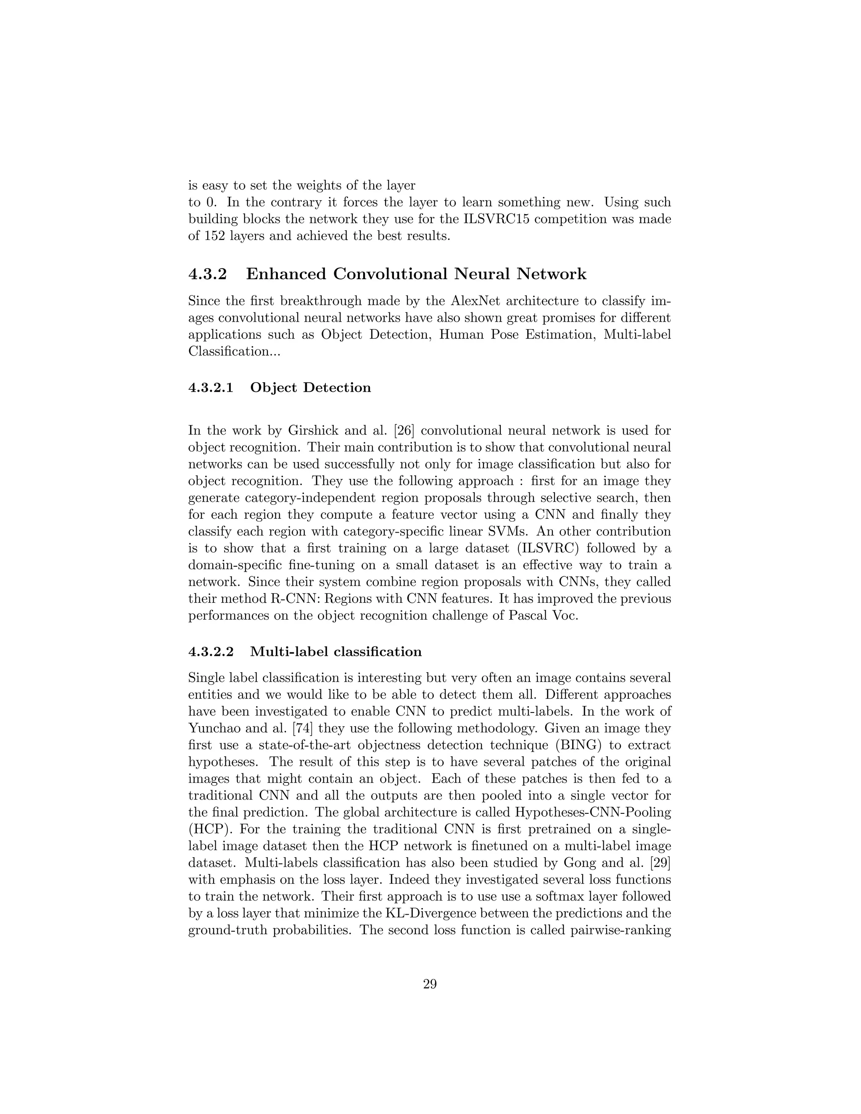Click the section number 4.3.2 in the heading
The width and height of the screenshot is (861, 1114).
(207, 275)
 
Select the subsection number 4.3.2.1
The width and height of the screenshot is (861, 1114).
(211, 388)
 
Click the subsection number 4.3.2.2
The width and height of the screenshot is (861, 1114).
(211, 652)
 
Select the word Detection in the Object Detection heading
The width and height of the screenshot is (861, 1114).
(337, 388)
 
